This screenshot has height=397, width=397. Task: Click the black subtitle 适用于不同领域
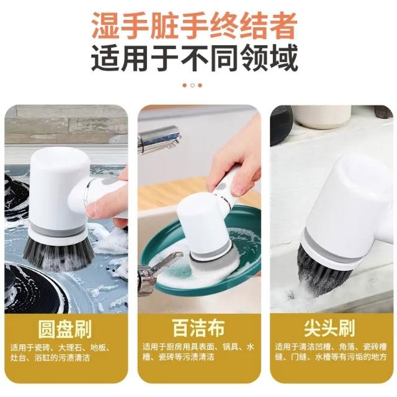click(x=194, y=58)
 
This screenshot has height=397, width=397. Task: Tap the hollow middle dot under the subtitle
click(x=192, y=86)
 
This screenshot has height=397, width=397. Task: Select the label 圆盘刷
click(x=65, y=329)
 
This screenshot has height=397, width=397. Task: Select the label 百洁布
click(x=198, y=328)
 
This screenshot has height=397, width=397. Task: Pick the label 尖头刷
click(x=329, y=328)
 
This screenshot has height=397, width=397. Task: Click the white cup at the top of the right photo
click(x=322, y=117)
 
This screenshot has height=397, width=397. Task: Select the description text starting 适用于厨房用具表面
click(x=198, y=352)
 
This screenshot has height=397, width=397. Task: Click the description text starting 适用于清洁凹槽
click(x=331, y=352)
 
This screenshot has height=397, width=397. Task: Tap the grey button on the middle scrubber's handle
click(x=222, y=187)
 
